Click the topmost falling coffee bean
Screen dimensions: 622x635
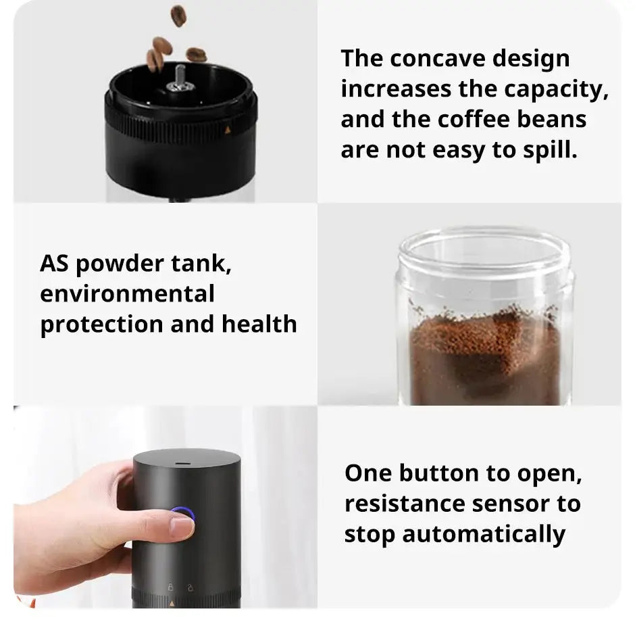point(178,15)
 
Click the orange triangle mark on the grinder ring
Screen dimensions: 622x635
point(227,129)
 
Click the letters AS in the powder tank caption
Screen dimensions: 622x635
point(54,263)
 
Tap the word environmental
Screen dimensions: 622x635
point(127,293)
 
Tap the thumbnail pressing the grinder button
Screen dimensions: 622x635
point(182,526)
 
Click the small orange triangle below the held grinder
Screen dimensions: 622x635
point(172,601)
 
